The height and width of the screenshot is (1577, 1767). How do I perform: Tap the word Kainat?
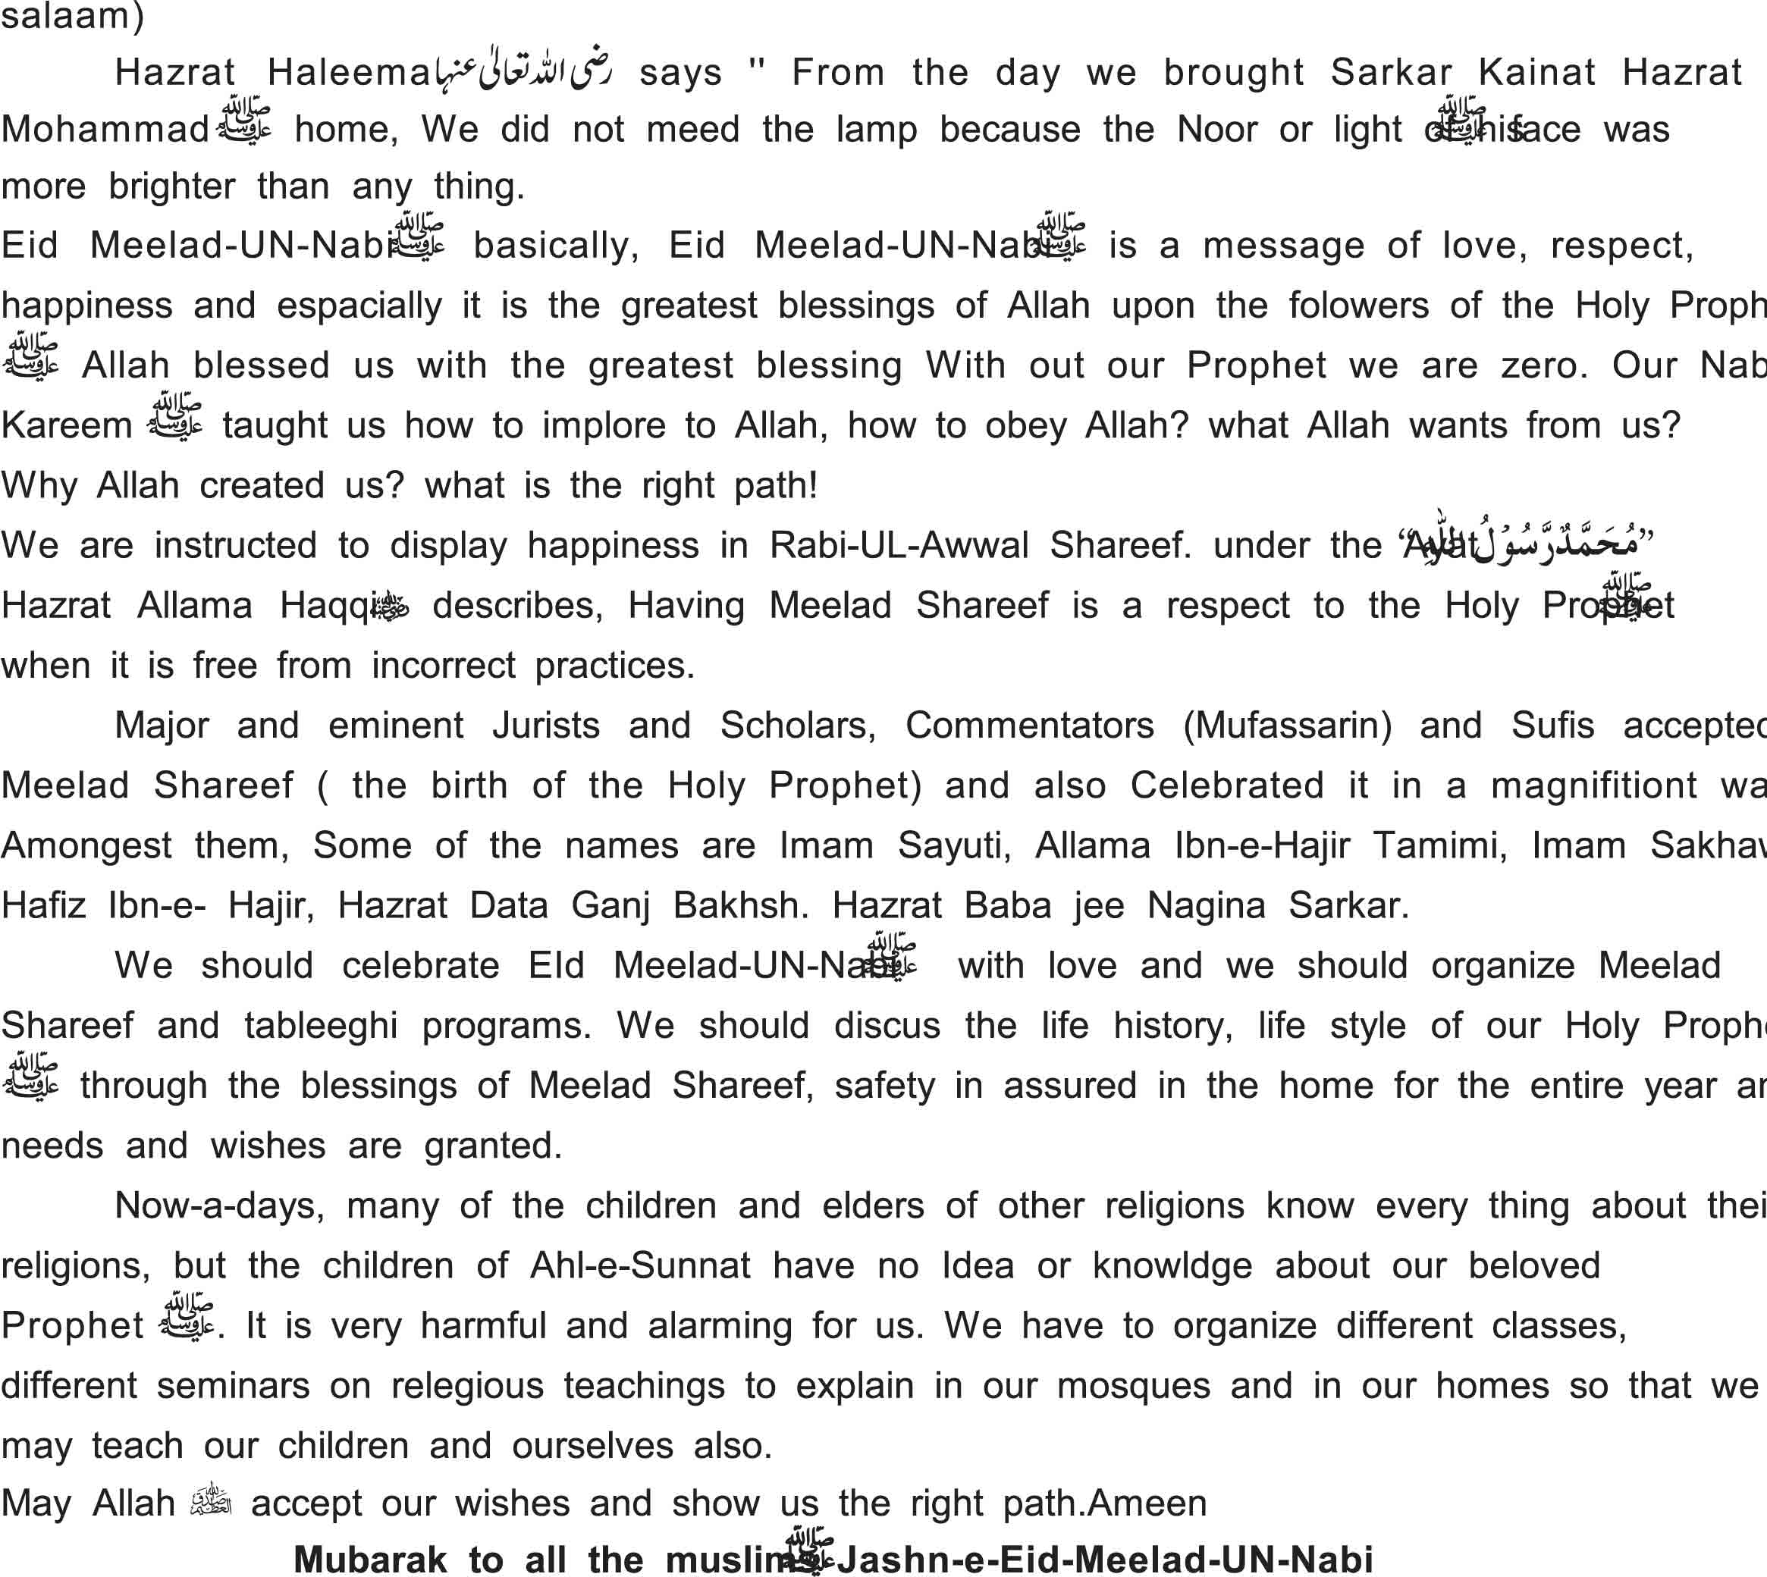pos(1536,73)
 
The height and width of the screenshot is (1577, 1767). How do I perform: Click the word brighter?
pos(171,187)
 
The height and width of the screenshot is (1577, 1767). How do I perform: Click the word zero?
pos(1544,365)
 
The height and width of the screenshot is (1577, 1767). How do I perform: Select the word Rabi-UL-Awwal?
pos(899,546)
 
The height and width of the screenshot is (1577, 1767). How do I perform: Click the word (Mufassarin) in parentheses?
pos(1287,726)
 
